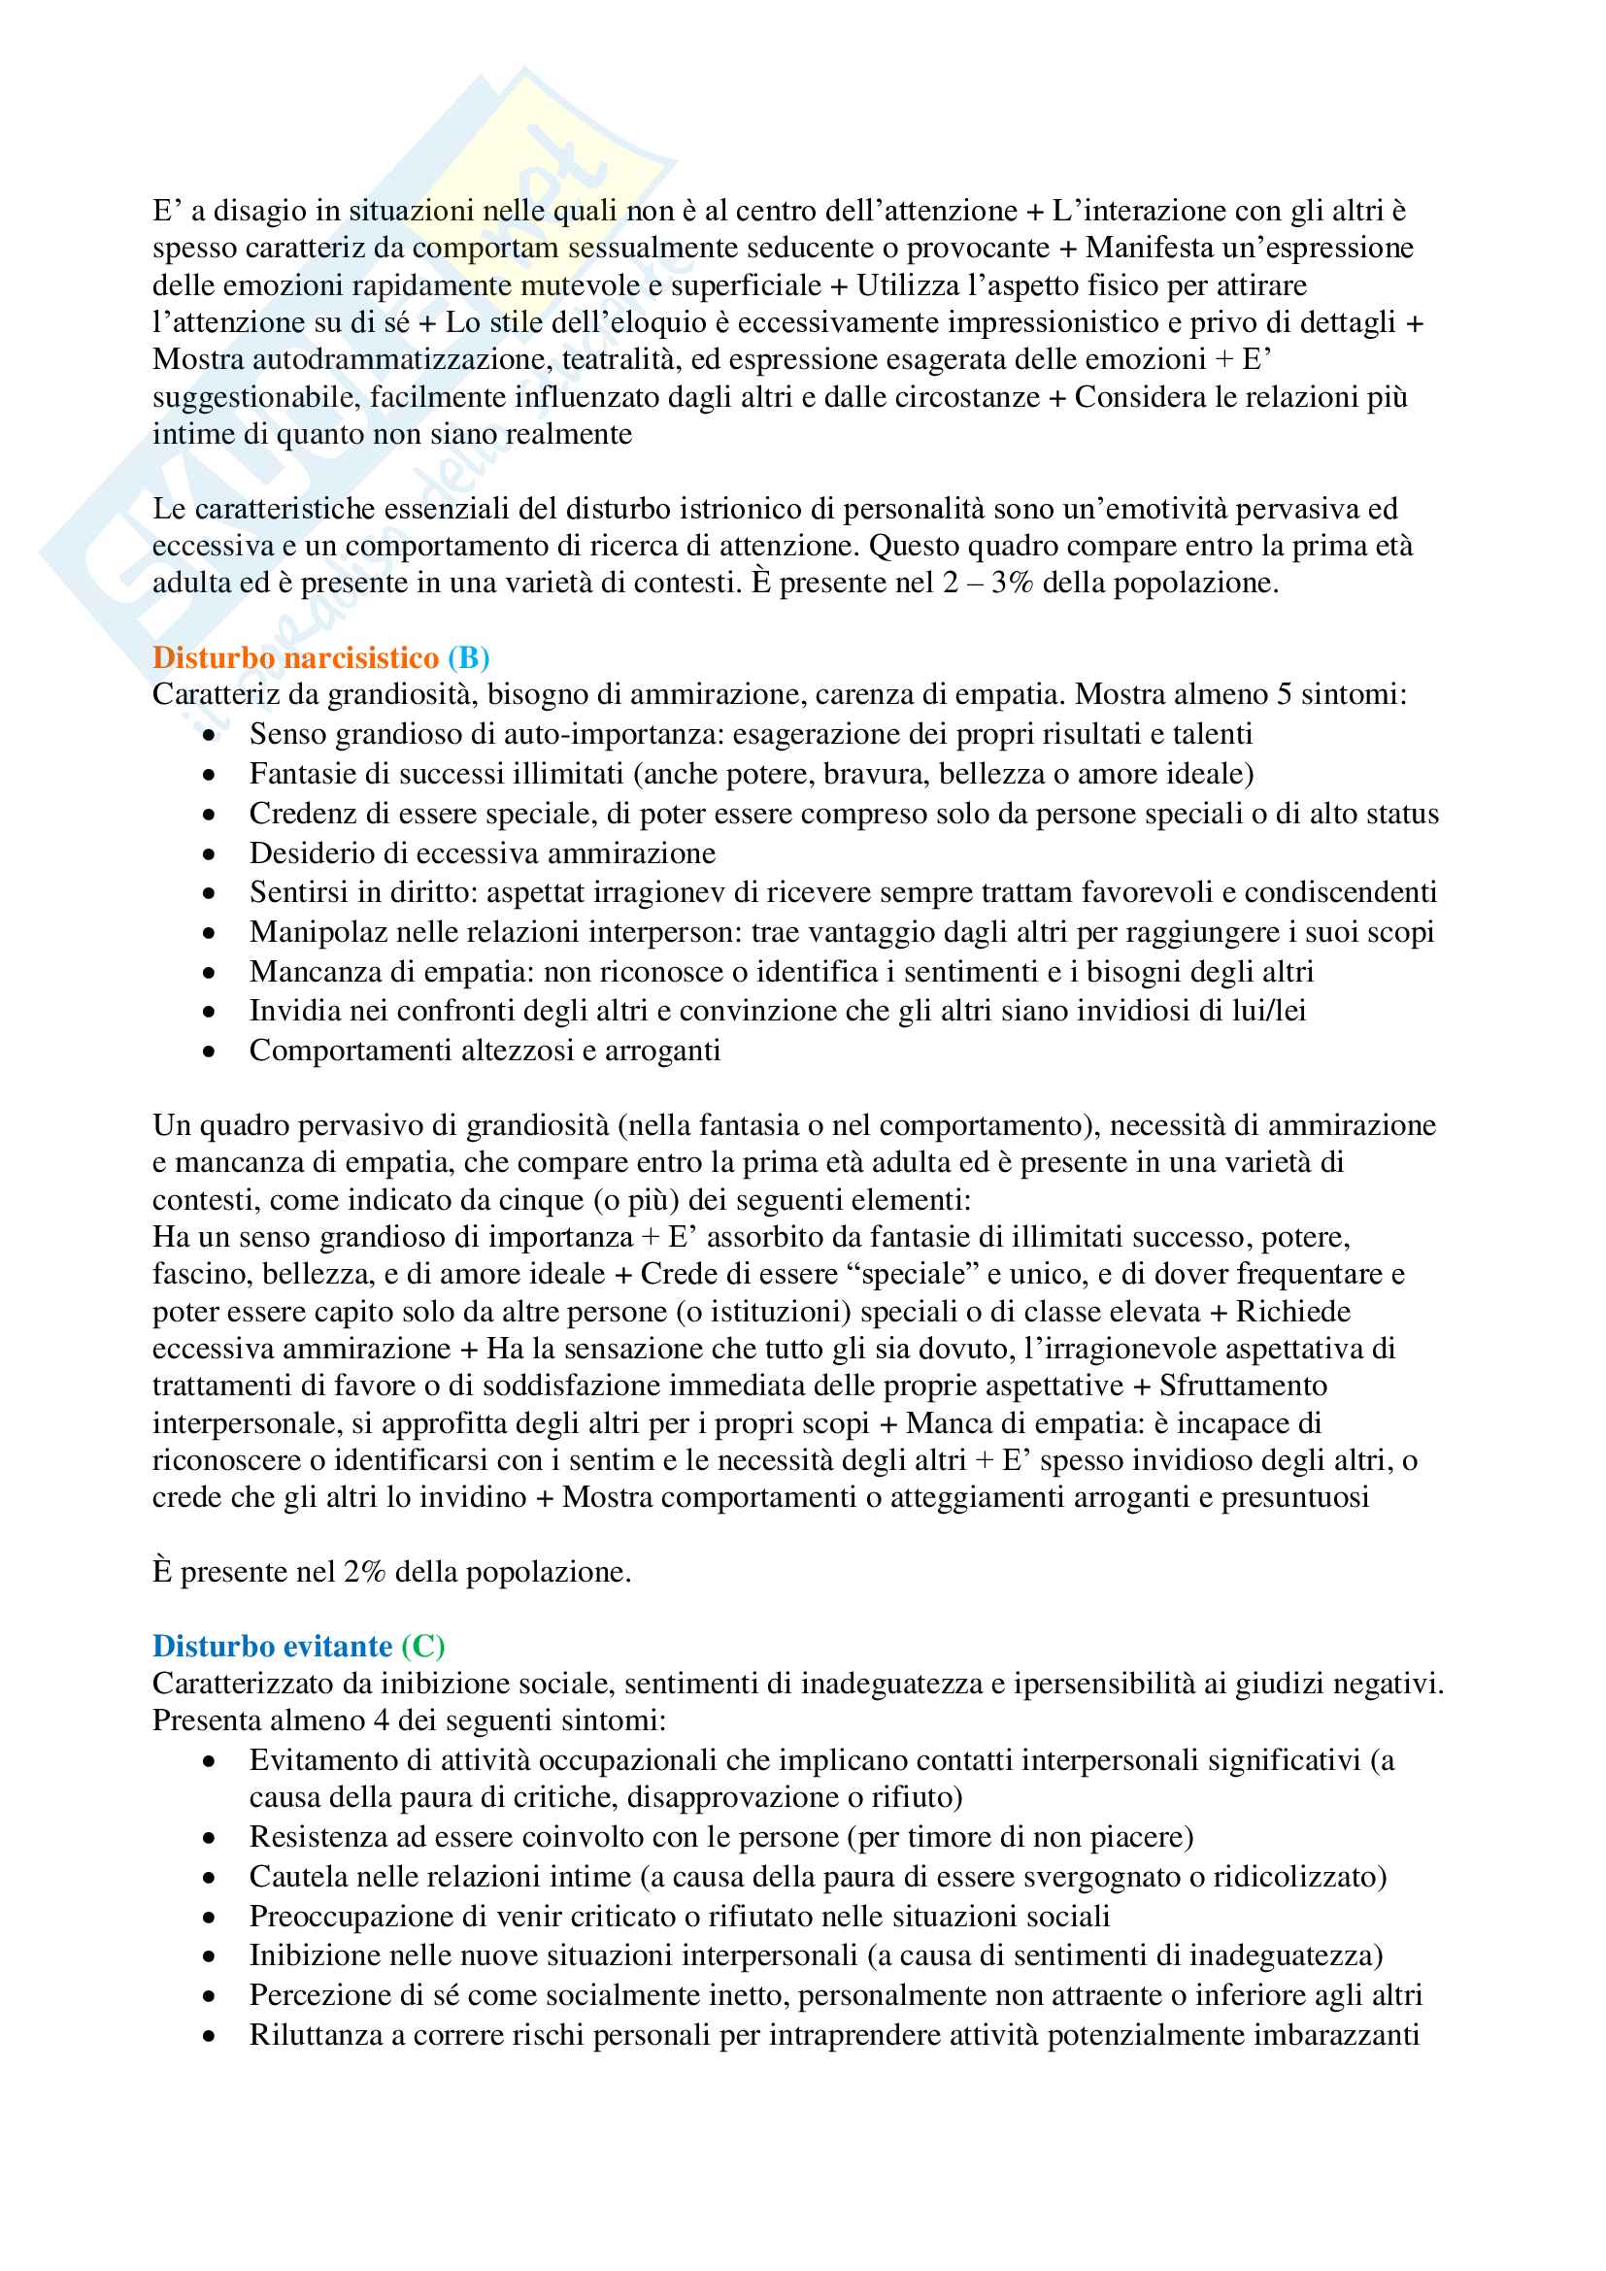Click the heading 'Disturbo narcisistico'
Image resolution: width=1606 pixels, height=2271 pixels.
(x=295, y=657)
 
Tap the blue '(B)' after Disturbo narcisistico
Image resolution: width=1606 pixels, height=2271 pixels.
(x=468, y=657)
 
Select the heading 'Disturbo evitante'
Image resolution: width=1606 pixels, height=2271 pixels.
(x=272, y=1646)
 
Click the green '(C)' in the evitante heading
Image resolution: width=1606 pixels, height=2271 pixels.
(x=423, y=1646)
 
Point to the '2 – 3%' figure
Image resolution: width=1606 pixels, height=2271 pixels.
(x=987, y=583)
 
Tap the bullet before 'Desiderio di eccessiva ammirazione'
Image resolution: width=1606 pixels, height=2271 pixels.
(x=209, y=854)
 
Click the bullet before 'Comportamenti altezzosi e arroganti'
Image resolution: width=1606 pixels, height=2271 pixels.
(x=209, y=1052)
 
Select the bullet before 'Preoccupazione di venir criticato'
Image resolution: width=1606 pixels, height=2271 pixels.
(x=209, y=1918)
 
